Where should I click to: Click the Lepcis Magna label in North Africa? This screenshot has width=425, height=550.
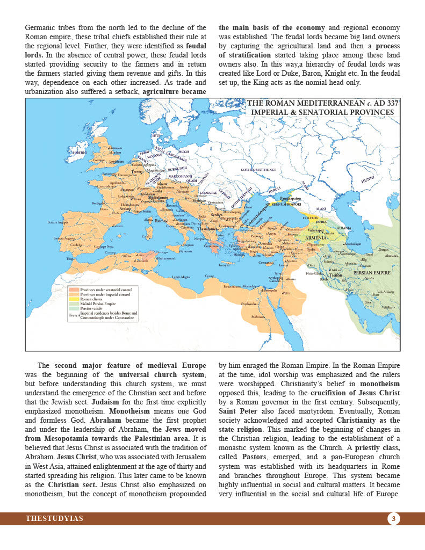coord(181,277)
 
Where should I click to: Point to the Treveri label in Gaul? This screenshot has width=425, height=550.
coord(136,172)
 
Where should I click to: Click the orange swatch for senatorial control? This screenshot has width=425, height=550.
coord(74,290)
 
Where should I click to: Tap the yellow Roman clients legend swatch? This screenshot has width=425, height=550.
coord(74,299)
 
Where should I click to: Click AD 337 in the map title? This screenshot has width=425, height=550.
coord(381,104)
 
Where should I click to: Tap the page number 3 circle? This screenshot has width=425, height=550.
coord(393,518)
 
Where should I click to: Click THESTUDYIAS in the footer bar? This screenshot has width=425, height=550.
coord(54,518)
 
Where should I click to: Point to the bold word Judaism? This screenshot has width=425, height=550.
coord(105,401)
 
